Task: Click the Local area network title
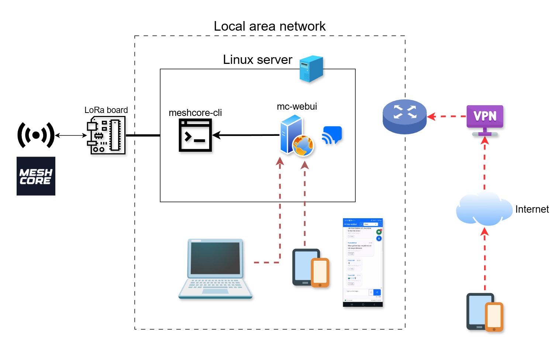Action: [x=269, y=26]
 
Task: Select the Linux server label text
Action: [x=257, y=60]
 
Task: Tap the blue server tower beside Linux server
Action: [x=311, y=69]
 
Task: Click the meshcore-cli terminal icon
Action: [x=195, y=135]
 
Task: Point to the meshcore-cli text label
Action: [x=195, y=113]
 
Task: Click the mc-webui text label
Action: [x=297, y=106]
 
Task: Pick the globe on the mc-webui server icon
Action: [x=303, y=145]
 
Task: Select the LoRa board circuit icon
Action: [x=106, y=135]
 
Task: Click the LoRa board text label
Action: [x=106, y=110]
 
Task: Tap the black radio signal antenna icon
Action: [x=36, y=135]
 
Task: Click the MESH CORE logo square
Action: [x=36, y=176]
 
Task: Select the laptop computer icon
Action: [x=215, y=269]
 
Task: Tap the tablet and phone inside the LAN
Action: [x=310, y=268]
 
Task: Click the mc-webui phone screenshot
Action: [x=362, y=263]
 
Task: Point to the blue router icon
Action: [x=404, y=116]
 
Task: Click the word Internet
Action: [x=532, y=209]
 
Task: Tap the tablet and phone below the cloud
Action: [x=484, y=312]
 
